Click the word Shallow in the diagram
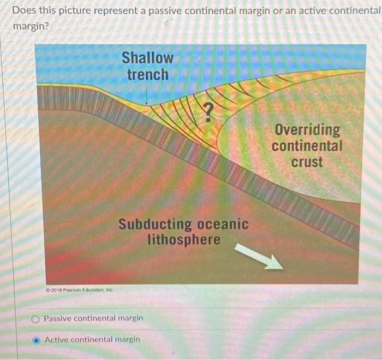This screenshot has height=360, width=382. pyautogui.click(x=147, y=57)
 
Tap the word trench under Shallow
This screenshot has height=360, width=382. pyautogui.click(x=147, y=74)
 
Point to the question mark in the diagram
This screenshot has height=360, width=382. pyautogui.click(x=208, y=113)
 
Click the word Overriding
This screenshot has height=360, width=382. pyautogui.click(x=307, y=130)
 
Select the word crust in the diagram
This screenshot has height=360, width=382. pyautogui.click(x=307, y=162)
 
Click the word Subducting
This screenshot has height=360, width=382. pyautogui.click(x=155, y=225)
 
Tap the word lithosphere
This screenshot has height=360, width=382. pyautogui.click(x=184, y=240)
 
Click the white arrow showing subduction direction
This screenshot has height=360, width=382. pyautogui.click(x=259, y=257)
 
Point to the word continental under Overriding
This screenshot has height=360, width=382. pyautogui.click(x=307, y=146)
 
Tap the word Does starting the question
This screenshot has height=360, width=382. pyautogui.click(x=23, y=10)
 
